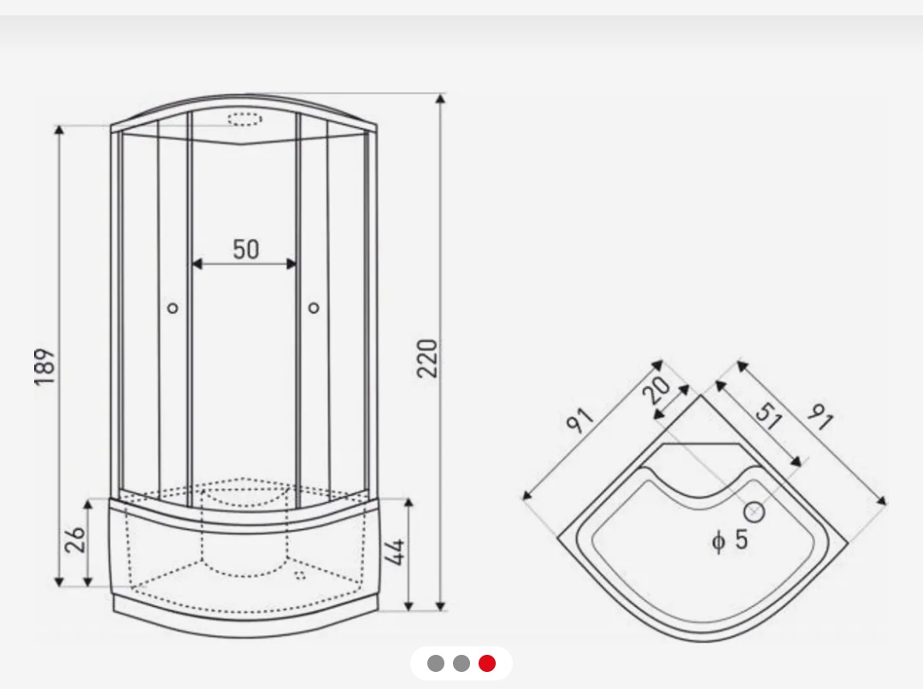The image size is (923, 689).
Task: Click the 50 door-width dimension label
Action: [x=245, y=249]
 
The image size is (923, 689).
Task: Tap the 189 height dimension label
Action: [x=45, y=367]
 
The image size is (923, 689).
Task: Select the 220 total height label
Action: [x=427, y=358]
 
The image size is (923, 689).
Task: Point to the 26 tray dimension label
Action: [x=75, y=539]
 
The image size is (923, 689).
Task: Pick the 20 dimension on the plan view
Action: [x=656, y=389]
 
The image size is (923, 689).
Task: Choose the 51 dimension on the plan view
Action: [x=769, y=415]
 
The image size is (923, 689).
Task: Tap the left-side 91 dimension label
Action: [x=580, y=421]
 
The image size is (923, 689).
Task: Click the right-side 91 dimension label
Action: [x=820, y=416]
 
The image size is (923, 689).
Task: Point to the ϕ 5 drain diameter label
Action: [x=730, y=539]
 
